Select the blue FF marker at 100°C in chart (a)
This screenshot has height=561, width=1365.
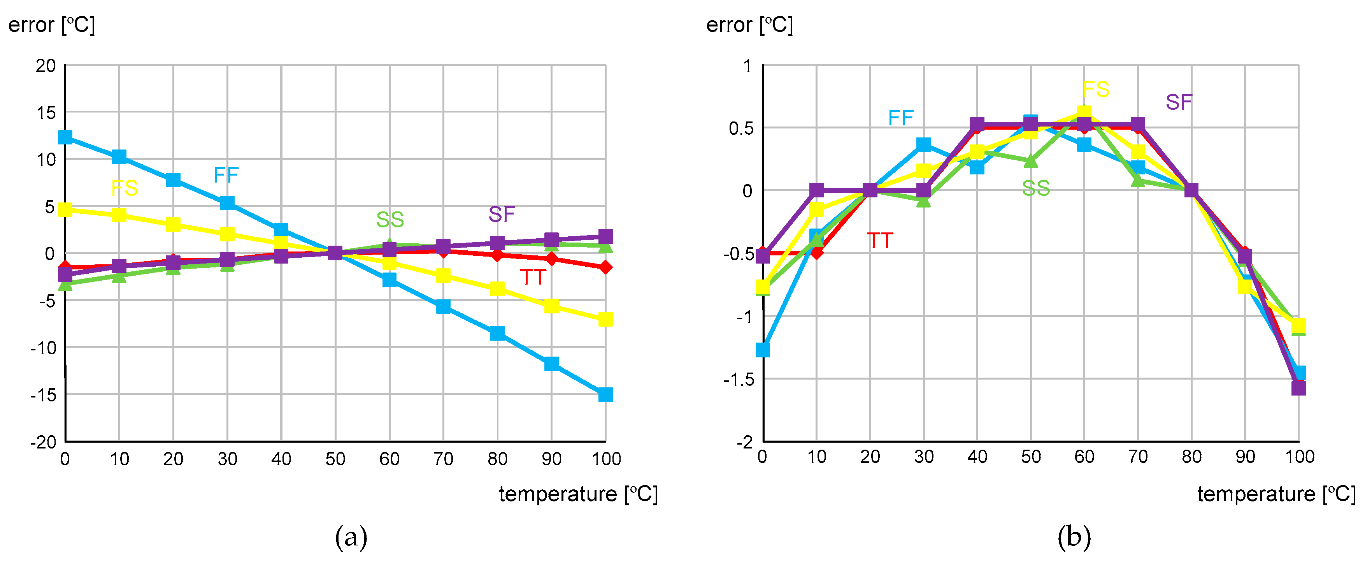[605, 394]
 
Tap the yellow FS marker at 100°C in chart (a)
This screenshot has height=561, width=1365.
[605, 319]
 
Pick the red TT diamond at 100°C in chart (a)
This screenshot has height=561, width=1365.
[605, 267]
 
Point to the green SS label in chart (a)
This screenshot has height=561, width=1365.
[390, 220]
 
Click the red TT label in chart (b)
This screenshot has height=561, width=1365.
[880, 241]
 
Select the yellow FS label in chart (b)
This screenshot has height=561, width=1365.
[1096, 89]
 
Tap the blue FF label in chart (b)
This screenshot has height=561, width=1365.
[901, 118]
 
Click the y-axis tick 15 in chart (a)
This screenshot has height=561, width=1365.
[46, 113]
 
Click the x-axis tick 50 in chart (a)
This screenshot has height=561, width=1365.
[335, 459]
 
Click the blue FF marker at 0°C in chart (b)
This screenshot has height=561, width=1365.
[763, 350]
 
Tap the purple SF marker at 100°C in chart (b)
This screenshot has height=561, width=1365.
[1298, 388]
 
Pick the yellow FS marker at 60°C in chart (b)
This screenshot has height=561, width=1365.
[1084, 113]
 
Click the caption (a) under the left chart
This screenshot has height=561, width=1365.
[351, 537]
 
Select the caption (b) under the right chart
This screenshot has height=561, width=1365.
[1074, 537]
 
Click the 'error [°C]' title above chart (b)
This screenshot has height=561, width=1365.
[749, 25]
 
